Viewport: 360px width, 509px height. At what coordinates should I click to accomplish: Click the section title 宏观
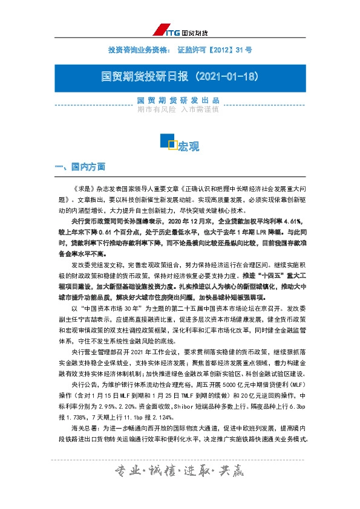[x=188, y=146]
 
